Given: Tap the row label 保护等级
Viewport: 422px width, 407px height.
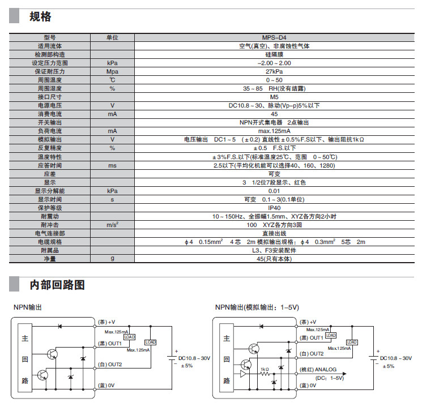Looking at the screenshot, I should (x=49, y=208).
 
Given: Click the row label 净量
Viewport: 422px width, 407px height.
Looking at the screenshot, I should (x=49, y=259).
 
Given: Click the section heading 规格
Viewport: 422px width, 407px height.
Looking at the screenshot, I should (x=40, y=16).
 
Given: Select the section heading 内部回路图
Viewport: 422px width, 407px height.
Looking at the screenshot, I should (x=57, y=284).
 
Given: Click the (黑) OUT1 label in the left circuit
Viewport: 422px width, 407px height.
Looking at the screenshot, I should (x=109, y=343).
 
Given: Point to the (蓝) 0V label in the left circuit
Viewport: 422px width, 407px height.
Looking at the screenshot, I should (x=106, y=385).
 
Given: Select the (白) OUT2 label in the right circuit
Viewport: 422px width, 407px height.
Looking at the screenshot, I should (x=312, y=353).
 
